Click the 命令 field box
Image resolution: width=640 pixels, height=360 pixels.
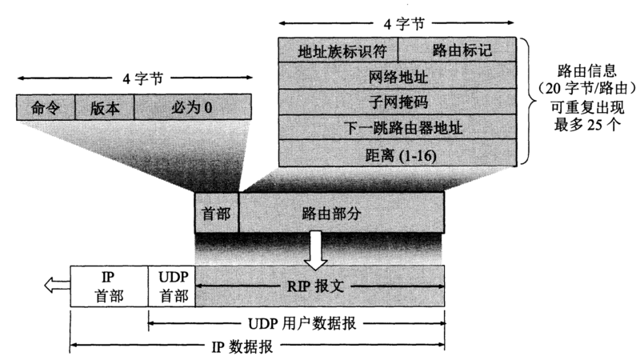click(46, 107)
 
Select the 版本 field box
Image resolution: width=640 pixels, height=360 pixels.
click(105, 107)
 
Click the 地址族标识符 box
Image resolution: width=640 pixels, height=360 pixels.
click(343, 50)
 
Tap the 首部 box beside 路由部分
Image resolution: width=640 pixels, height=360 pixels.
click(217, 213)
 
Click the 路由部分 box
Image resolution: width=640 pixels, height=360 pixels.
click(342, 213)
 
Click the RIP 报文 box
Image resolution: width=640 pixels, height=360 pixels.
click(320, 286)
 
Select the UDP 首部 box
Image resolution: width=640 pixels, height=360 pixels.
click(172, 286)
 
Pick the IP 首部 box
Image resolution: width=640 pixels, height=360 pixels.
click(110, 286)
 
